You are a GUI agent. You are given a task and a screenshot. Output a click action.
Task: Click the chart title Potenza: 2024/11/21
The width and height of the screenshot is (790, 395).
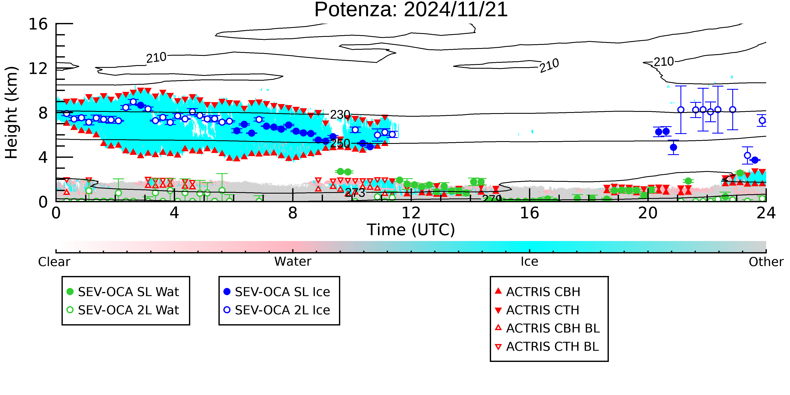pos(411,10)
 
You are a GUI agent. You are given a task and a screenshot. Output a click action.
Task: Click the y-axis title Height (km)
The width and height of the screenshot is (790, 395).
pos(12,112)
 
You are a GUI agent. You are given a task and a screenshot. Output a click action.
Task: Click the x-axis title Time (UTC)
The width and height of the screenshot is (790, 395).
pos(411,230)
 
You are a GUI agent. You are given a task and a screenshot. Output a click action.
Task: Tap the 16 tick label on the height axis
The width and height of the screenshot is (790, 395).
pos(38,24)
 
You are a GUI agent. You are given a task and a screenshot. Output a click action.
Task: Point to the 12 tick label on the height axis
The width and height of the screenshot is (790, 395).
pos(38,68)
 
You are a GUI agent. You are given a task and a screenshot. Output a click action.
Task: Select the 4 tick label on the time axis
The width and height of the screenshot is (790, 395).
pos(174,213)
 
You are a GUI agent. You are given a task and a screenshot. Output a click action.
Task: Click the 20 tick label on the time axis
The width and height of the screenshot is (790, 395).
pos(648,213)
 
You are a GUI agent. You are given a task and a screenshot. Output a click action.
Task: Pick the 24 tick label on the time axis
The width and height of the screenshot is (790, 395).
pos(766,213)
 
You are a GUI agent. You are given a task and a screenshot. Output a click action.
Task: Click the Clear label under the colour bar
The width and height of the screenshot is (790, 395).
pos(54,262)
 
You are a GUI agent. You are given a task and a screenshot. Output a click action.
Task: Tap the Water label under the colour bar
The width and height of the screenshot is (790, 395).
pos(293,262)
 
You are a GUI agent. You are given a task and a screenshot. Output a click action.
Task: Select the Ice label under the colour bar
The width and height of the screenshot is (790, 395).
pos(529,262)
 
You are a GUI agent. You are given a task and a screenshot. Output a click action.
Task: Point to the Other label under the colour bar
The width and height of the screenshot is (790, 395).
pos(766,262)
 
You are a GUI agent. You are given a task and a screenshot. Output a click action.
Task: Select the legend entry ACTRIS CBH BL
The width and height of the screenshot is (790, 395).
pos(548,328)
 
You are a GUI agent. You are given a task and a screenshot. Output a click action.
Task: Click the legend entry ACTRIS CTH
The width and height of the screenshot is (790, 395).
pos(537,310)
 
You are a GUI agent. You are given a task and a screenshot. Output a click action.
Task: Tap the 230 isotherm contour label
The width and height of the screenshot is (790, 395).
pos(340,115)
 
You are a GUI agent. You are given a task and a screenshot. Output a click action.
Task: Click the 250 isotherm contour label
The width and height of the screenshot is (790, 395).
pos(340,143)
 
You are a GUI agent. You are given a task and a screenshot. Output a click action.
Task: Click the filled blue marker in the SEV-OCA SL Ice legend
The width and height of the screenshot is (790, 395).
pos(227,292)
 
